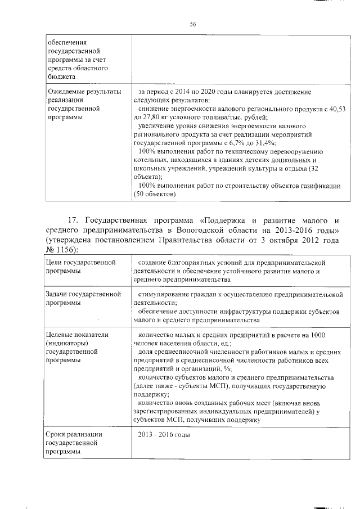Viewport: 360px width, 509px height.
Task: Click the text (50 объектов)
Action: (x=155, y=195)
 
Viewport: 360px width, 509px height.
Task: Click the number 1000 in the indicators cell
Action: (x=316, y=335)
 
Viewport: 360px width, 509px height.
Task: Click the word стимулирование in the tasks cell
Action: (x=168, y=294)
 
